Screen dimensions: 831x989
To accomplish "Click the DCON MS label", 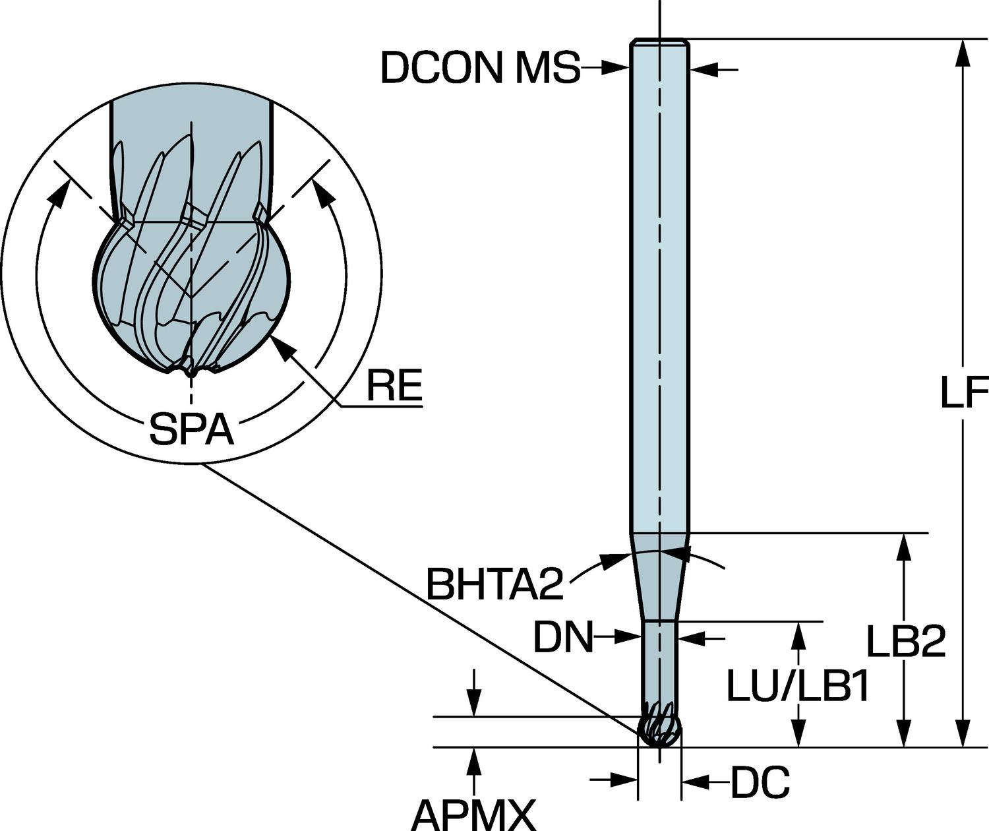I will point(480,68).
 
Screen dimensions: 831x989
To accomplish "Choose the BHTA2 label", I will point(494,583).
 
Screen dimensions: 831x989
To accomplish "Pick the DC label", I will point(760,783).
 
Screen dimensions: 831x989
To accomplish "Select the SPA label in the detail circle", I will point(191,429).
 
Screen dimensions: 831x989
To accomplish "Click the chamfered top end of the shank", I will point(659,43).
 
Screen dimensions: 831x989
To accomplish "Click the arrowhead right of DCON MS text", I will point(616,67).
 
